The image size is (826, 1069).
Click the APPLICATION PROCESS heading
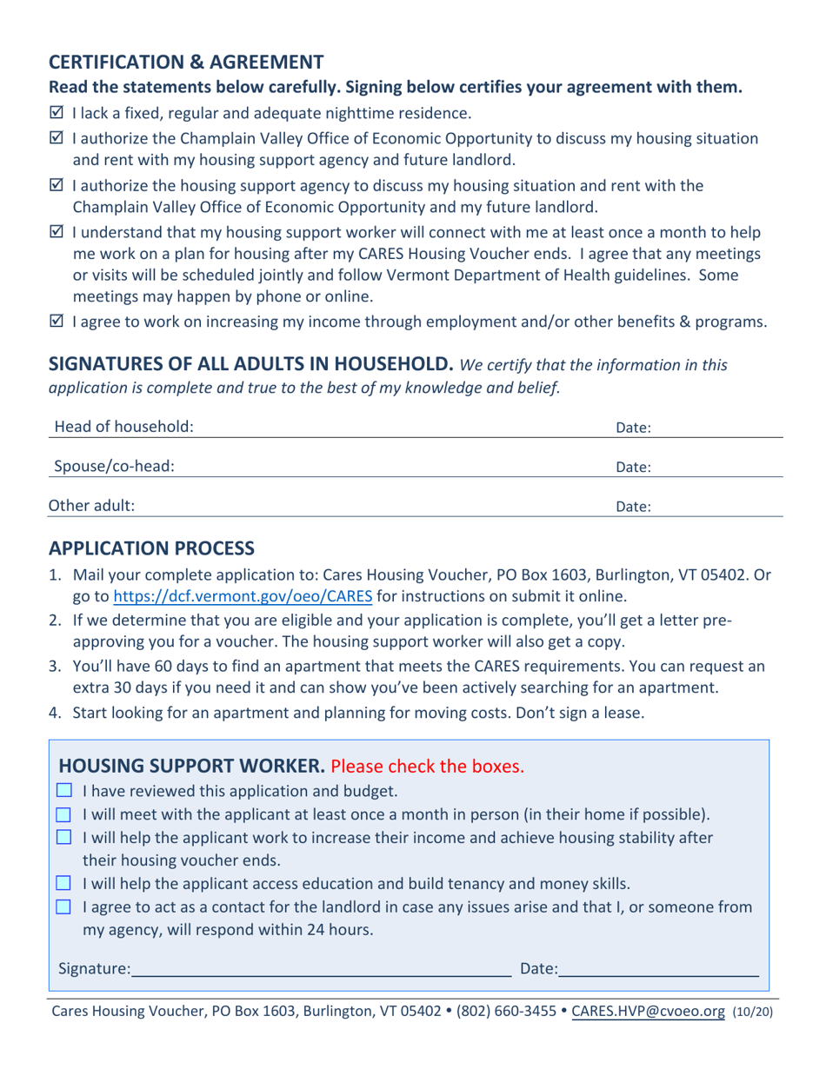point(151,548)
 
